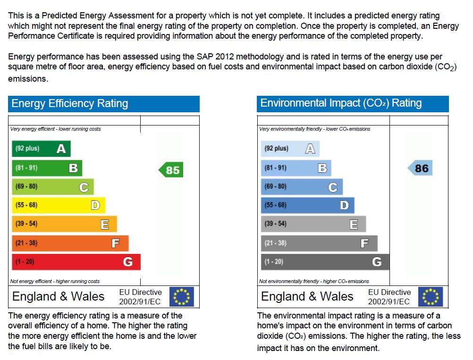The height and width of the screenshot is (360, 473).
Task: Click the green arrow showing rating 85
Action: (x=171, y=170)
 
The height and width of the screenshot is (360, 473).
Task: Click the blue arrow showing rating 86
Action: (x=420, y=168)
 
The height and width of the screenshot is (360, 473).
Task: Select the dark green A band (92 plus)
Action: (x=41, y=149)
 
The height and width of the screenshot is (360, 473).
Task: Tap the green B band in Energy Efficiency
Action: (x=47, y=168)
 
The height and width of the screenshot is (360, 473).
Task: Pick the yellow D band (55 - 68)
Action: (x=58, y=205)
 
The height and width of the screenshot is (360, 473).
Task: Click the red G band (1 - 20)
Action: (x=76, y=262)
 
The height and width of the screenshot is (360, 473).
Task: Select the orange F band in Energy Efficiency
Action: (x=70, y=243)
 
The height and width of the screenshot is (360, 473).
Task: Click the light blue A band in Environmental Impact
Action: (x=290, y=149)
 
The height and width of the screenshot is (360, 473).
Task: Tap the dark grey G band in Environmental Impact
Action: (x=325, y=262)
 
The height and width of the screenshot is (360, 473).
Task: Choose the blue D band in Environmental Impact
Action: (x=307, y=205)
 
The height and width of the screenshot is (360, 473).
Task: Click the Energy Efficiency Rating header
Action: (x=103, y=104)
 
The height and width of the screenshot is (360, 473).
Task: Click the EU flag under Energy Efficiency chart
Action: (x=182, y=297)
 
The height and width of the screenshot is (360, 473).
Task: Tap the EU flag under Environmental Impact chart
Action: (x=431, y=297)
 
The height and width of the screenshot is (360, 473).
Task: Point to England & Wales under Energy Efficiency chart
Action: (x=58, y=296)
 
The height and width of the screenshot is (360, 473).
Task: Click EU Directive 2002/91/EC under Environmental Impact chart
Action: (x=389, y=297)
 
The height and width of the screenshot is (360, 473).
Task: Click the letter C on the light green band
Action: (x=84, y=187)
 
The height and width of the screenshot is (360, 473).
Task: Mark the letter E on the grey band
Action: (x=354, y=225)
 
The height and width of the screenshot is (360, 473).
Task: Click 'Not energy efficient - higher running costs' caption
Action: (x=55, y=281)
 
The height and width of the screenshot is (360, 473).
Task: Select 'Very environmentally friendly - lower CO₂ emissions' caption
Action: (x=315, y=129)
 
